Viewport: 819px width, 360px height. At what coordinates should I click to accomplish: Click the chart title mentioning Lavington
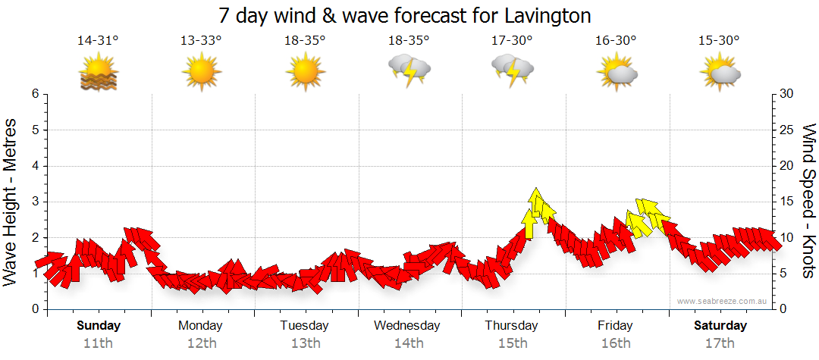pos(404,15)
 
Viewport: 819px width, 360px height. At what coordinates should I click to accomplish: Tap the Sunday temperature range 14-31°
pos(98,41)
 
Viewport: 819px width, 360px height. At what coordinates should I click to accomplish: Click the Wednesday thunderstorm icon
pos(409,71)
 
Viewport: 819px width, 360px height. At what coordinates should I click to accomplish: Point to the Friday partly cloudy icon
pos(617,73)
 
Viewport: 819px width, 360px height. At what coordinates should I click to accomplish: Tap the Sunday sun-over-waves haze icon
pos(98,74)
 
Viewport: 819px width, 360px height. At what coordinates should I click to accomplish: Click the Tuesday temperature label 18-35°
pos(305,41)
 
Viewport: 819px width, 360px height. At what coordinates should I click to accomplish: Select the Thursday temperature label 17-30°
pos(512,41)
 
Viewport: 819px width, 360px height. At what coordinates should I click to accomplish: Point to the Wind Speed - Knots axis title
pos(808,201)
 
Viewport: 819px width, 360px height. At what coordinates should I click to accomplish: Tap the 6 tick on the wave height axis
pos(35,94)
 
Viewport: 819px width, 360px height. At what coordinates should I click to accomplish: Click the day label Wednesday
pos(407,326)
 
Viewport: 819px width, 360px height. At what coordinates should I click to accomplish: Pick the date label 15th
pos(512,343)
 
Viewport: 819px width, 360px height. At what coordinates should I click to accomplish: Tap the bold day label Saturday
pos(720,326)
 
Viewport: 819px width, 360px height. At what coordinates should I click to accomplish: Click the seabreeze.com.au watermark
pos(723,302)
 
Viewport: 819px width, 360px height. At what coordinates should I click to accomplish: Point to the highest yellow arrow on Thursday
pos(536,199)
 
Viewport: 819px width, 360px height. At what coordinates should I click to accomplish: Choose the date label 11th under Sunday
pos(98,343)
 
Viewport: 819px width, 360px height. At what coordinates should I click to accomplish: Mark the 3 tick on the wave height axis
pos(35,202)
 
